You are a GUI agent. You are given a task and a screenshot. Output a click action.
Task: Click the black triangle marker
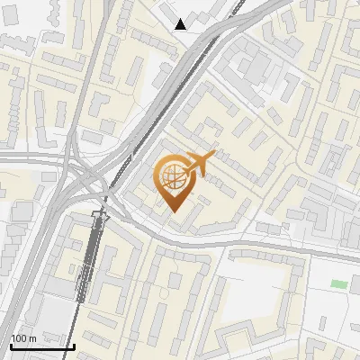[181, 24]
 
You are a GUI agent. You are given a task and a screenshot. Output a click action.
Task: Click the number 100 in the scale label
[19, 338]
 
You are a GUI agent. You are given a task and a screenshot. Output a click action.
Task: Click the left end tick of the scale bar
[10, 346]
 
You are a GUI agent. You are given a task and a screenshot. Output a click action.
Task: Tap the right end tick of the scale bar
[73, 346]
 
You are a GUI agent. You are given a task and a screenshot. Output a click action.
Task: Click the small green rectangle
[338, 284]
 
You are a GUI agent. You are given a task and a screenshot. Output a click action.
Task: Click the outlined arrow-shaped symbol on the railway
[100, 217]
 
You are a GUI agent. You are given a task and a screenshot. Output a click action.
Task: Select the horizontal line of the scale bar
[41, 346]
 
